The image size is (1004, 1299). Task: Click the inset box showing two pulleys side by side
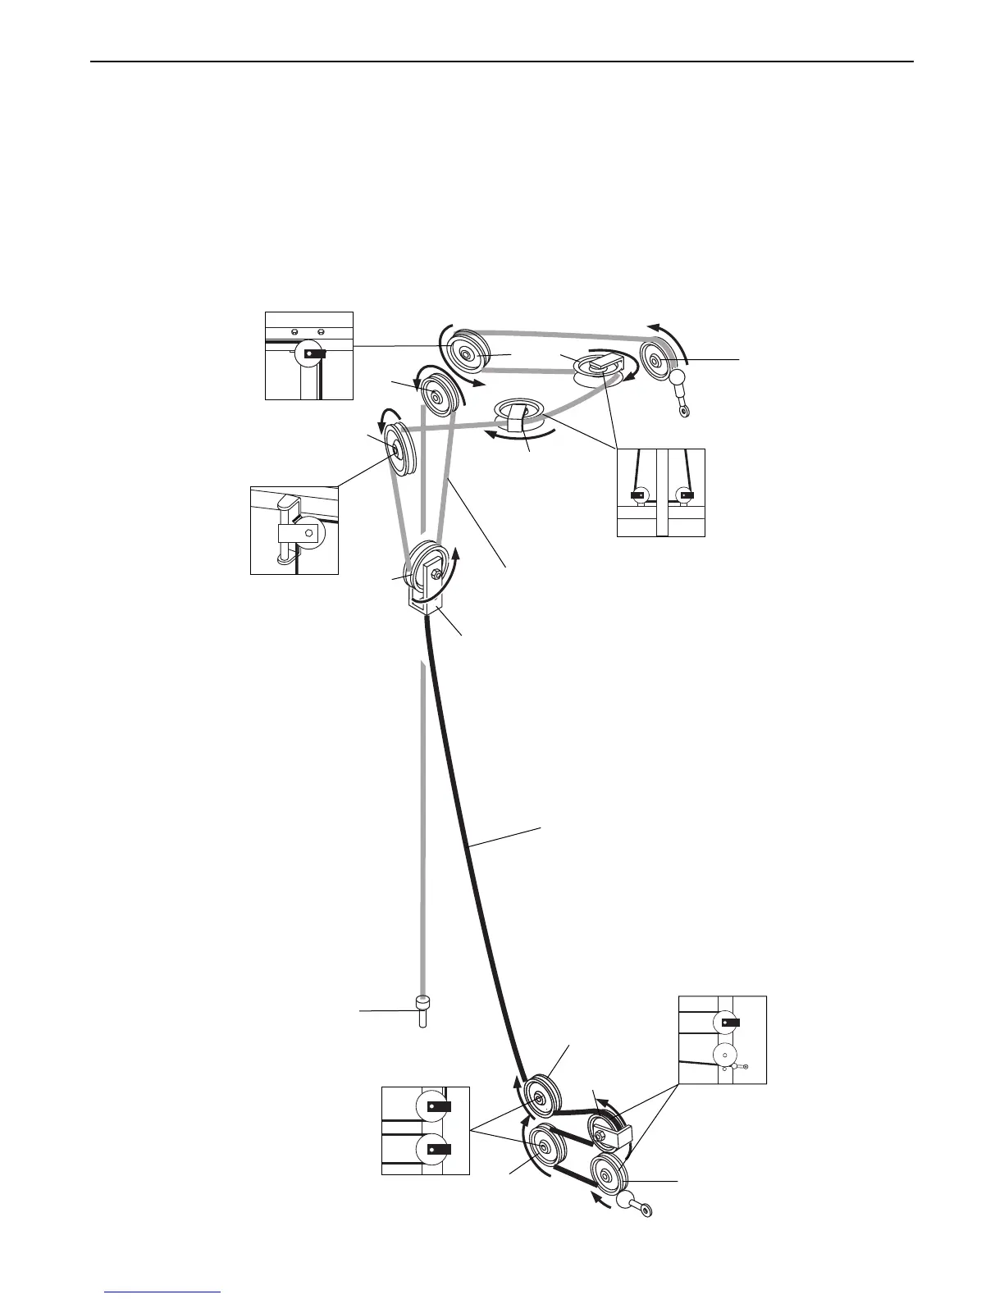click(661, 492)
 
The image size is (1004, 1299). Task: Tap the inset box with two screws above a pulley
click(309, 355)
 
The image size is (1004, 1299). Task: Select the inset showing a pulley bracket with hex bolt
click(294, 530)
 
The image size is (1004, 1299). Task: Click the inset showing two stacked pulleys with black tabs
click(426, 1130)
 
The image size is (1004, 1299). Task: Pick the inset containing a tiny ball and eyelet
click(723, 1040)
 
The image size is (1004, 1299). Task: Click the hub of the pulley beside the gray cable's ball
click(655, 358)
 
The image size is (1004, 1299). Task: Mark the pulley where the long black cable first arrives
click(540, 1096)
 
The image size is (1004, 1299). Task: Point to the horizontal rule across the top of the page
click(502, 62)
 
